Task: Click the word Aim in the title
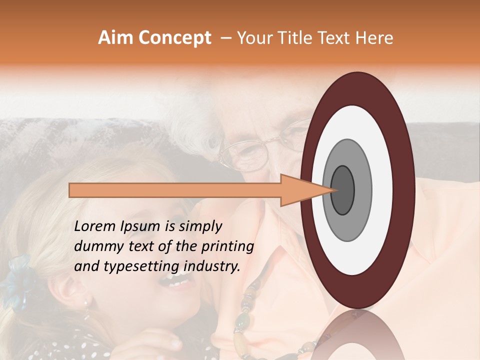[115, 38]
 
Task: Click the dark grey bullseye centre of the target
[343, 190]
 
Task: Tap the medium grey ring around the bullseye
[363, 190]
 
